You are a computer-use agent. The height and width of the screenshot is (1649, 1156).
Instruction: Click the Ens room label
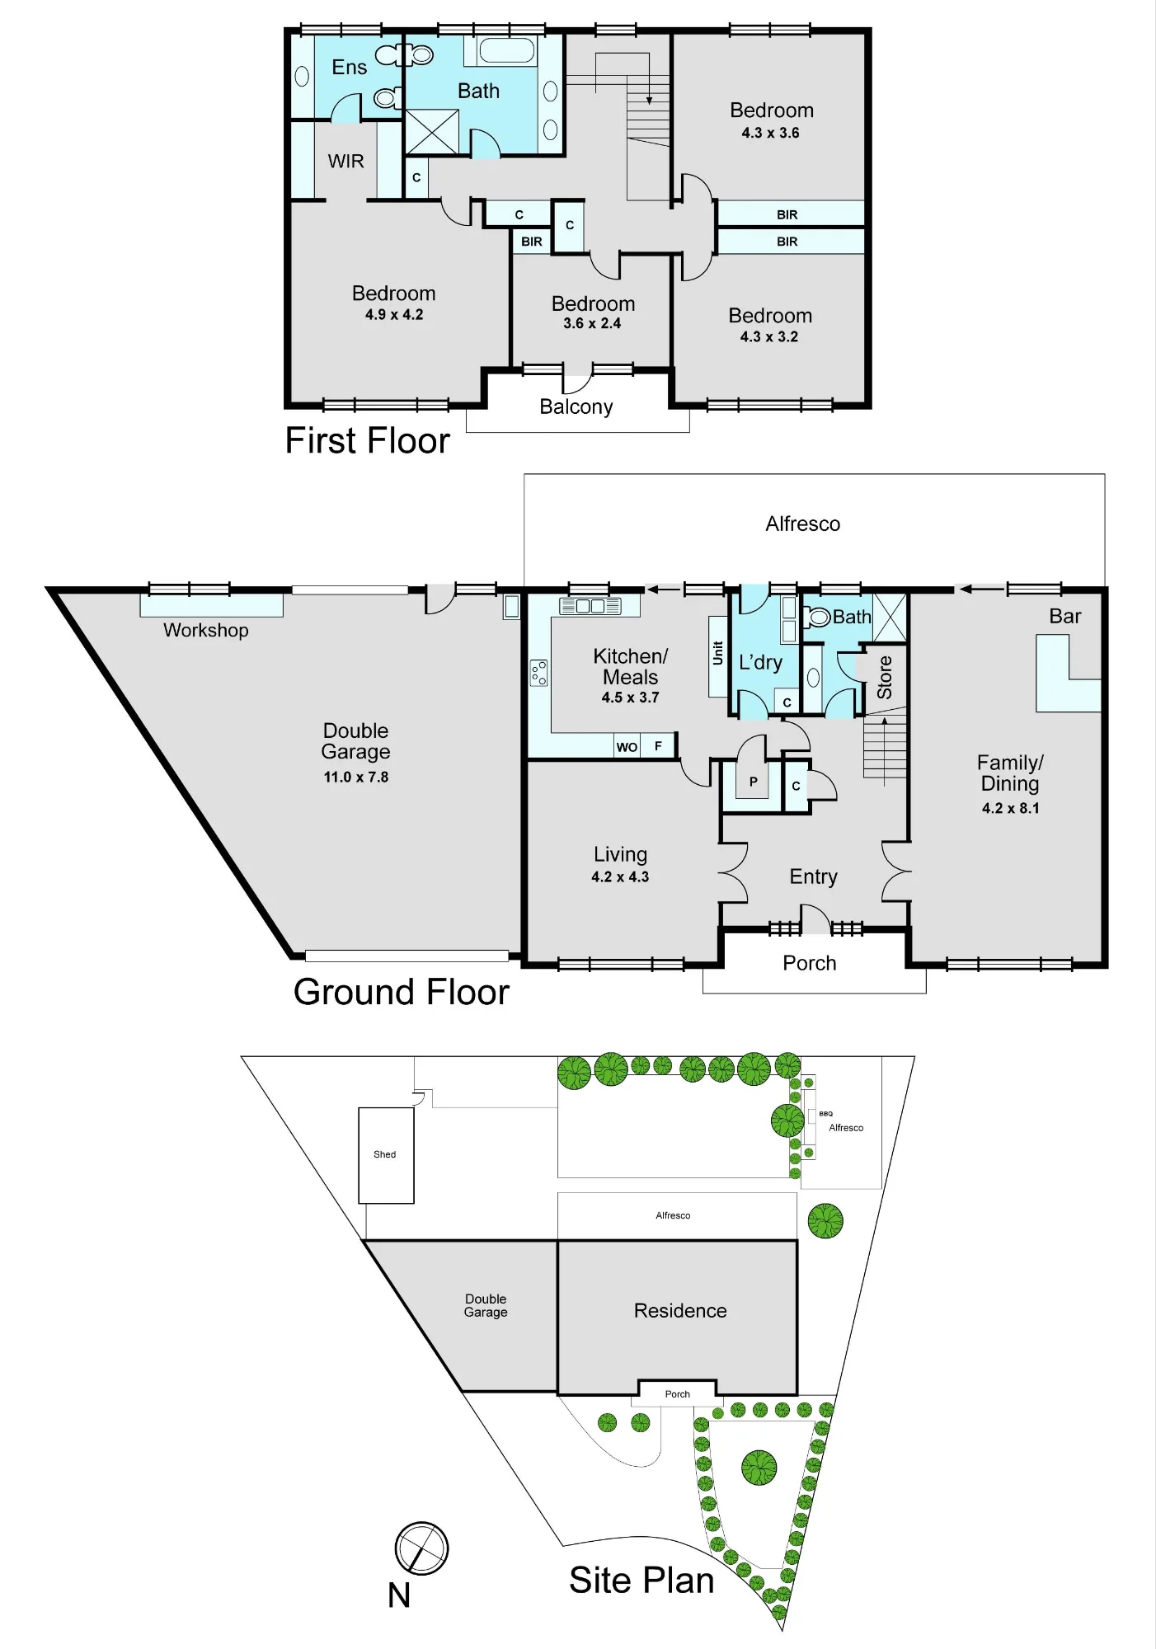pos(349,68)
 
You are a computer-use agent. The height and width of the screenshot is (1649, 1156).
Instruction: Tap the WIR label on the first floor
pos(345,162)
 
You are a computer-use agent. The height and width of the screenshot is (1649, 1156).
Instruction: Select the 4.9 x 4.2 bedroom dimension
pos(394,314)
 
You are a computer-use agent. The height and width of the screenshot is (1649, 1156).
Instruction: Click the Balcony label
pos(576,406)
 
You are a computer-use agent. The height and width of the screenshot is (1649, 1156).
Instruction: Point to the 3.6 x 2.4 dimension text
pos(592,323)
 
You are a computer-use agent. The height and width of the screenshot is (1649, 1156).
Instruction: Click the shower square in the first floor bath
pos(432,131)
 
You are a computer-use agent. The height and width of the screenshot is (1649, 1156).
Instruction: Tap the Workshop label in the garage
pos(206,630)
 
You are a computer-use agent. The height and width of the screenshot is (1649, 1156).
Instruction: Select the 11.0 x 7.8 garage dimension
pos(356,777)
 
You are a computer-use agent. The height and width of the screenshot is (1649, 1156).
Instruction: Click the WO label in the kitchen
pos(627,747)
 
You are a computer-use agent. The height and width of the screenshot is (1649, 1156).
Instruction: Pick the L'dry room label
pos(760,662)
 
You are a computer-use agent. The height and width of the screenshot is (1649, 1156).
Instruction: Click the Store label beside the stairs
pos(885,678)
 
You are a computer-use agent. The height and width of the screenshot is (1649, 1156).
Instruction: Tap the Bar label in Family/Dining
pos(1065,616)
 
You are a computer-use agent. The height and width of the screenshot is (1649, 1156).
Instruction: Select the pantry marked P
pos(753,782)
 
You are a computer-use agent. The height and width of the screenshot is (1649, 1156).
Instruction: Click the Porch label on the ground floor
pos(810,963)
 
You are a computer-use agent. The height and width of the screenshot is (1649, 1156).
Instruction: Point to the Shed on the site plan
pos(386,1155)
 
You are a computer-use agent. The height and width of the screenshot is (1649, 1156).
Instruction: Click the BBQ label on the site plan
pos(825,1114)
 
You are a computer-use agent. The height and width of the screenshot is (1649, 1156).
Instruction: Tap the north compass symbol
pos(421,1548)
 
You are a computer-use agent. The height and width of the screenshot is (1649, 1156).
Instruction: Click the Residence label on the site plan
pos(680,1311)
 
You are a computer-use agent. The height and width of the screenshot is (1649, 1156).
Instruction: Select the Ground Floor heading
pos(402,992)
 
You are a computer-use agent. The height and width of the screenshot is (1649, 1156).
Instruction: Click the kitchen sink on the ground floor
pos(590,606)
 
